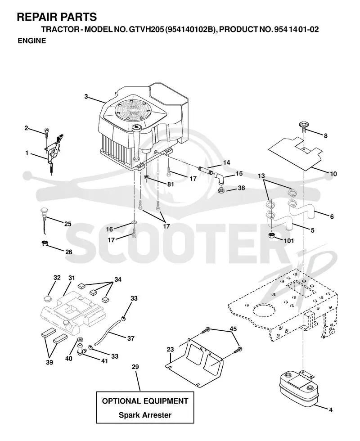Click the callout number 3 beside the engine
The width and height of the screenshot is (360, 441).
click(86, 96)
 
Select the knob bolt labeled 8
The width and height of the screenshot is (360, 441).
click(302, 126)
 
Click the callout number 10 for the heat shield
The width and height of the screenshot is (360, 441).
click(333, 174)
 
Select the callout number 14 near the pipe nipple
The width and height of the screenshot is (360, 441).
click(226, 162)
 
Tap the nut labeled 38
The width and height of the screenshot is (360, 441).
click(221, 191)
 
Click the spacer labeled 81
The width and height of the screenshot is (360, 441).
click(147, 177)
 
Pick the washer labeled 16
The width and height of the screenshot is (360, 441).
click(134, 223)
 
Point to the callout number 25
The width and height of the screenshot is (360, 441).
click(68, 224)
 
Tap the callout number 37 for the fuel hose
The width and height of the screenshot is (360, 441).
click(131, 338)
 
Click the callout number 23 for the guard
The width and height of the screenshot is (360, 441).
click(170, 349)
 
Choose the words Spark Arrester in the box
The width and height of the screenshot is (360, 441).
click(145, 415)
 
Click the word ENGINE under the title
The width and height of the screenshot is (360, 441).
click(32, 41)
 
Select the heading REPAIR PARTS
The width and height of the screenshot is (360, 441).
click(57, 17)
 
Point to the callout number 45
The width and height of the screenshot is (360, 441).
click(233, 329)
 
